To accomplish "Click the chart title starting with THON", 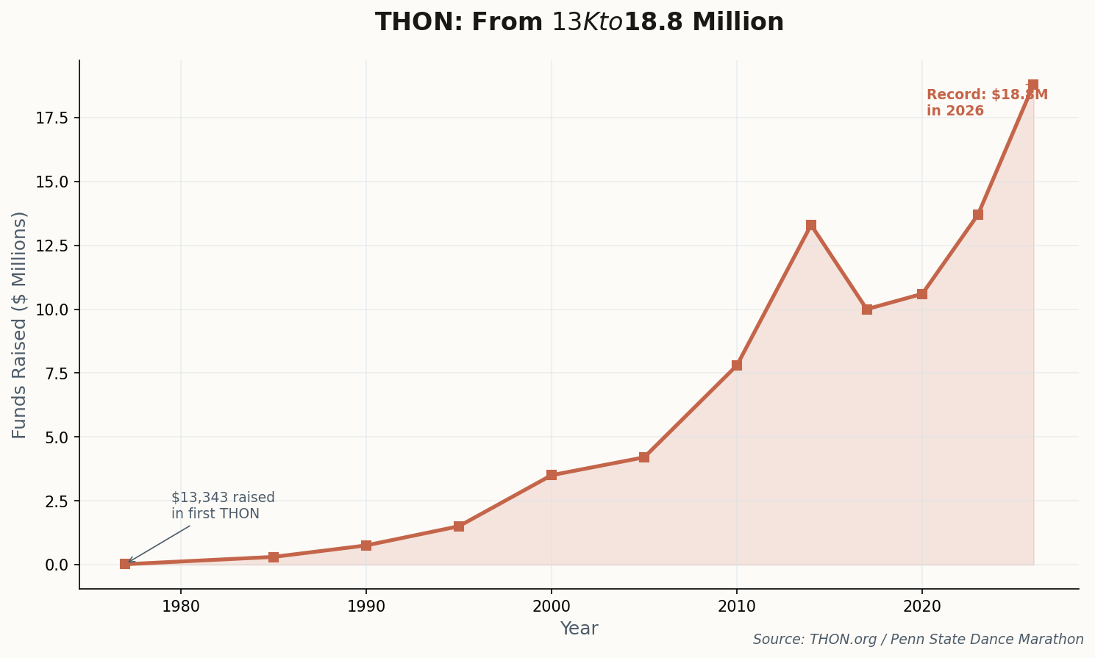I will click(x=579, y=22).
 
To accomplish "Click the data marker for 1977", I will click(x=125, y=564).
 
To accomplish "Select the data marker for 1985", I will click(x=274, y=557).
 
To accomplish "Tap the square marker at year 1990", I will click(x=366, y=546).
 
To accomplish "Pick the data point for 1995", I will click(x=459, y=526).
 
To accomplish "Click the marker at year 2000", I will click(x=552, y=475).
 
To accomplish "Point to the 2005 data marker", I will click(x=644, y=457).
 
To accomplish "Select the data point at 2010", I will click(x=737, y=365).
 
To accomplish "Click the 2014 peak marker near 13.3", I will click(x=811, y=225).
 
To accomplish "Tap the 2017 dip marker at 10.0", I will click(x=867, y=310).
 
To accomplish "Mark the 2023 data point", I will click(x=978, y=215).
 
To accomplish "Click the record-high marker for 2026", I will click(x=1033, y=85).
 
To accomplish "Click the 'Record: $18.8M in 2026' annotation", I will click(x=986, y=103).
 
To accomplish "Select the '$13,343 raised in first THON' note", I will click(x=223, y=506).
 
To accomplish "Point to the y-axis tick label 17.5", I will click(x=52, y=118).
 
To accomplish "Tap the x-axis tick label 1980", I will click(x=181, y=607).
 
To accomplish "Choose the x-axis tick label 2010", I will click(x=737, y=607).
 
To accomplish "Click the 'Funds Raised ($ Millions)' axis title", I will click(x=20, y=325).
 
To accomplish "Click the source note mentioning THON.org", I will click(x=918, y=640).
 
